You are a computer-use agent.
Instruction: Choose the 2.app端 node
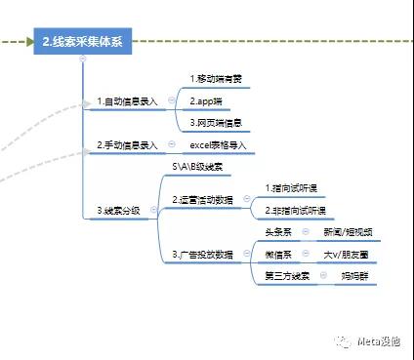point(206,100)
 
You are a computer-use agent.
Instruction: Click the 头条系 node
point(279,232)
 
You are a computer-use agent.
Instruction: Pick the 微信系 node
point(279,254)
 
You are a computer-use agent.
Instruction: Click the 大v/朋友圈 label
point(346,254)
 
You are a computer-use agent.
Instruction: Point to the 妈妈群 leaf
point(352,277)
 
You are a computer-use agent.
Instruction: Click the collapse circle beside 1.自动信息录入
point(171,101)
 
